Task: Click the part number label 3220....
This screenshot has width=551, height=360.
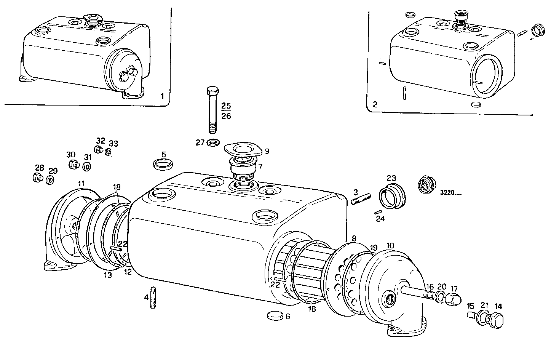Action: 451,192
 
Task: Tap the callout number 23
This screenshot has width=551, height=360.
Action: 391,178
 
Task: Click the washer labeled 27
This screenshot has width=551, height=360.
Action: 212,143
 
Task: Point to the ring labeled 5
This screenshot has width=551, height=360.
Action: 163,165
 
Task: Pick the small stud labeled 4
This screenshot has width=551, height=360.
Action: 153,298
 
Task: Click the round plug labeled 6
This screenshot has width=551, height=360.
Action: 274,315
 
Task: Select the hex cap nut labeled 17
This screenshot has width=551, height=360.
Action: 453,300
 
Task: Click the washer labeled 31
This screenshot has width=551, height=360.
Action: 87,166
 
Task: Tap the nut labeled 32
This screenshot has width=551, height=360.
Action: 99,150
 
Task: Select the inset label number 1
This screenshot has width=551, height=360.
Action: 162,96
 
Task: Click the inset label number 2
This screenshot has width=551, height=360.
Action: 375,104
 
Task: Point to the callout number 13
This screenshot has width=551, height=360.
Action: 108,275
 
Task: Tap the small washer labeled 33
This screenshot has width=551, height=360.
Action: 108,152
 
